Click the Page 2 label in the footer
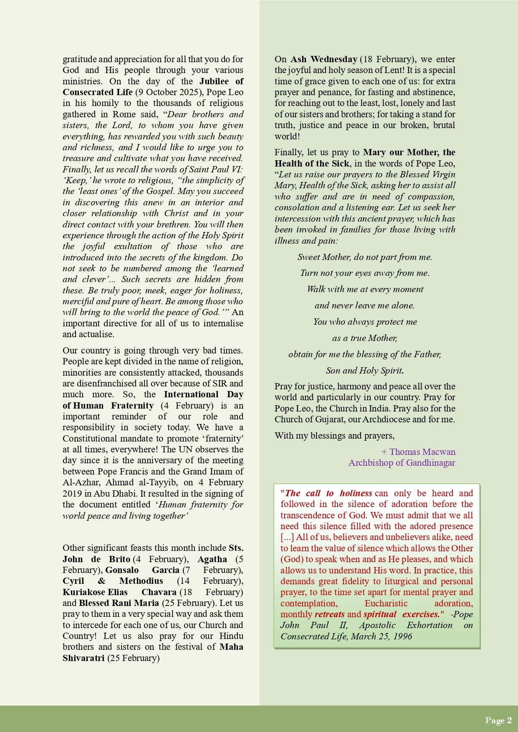coord(498,720)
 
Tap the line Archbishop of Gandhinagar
coord(402,462)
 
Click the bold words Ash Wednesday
coord(323,59)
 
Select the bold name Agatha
coord(212,559)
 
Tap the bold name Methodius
coord(141,581)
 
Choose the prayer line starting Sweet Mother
coord(364,257)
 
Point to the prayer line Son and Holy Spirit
coord(364,370)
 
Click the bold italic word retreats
coord(329,614)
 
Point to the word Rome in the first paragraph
coord(124,114)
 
